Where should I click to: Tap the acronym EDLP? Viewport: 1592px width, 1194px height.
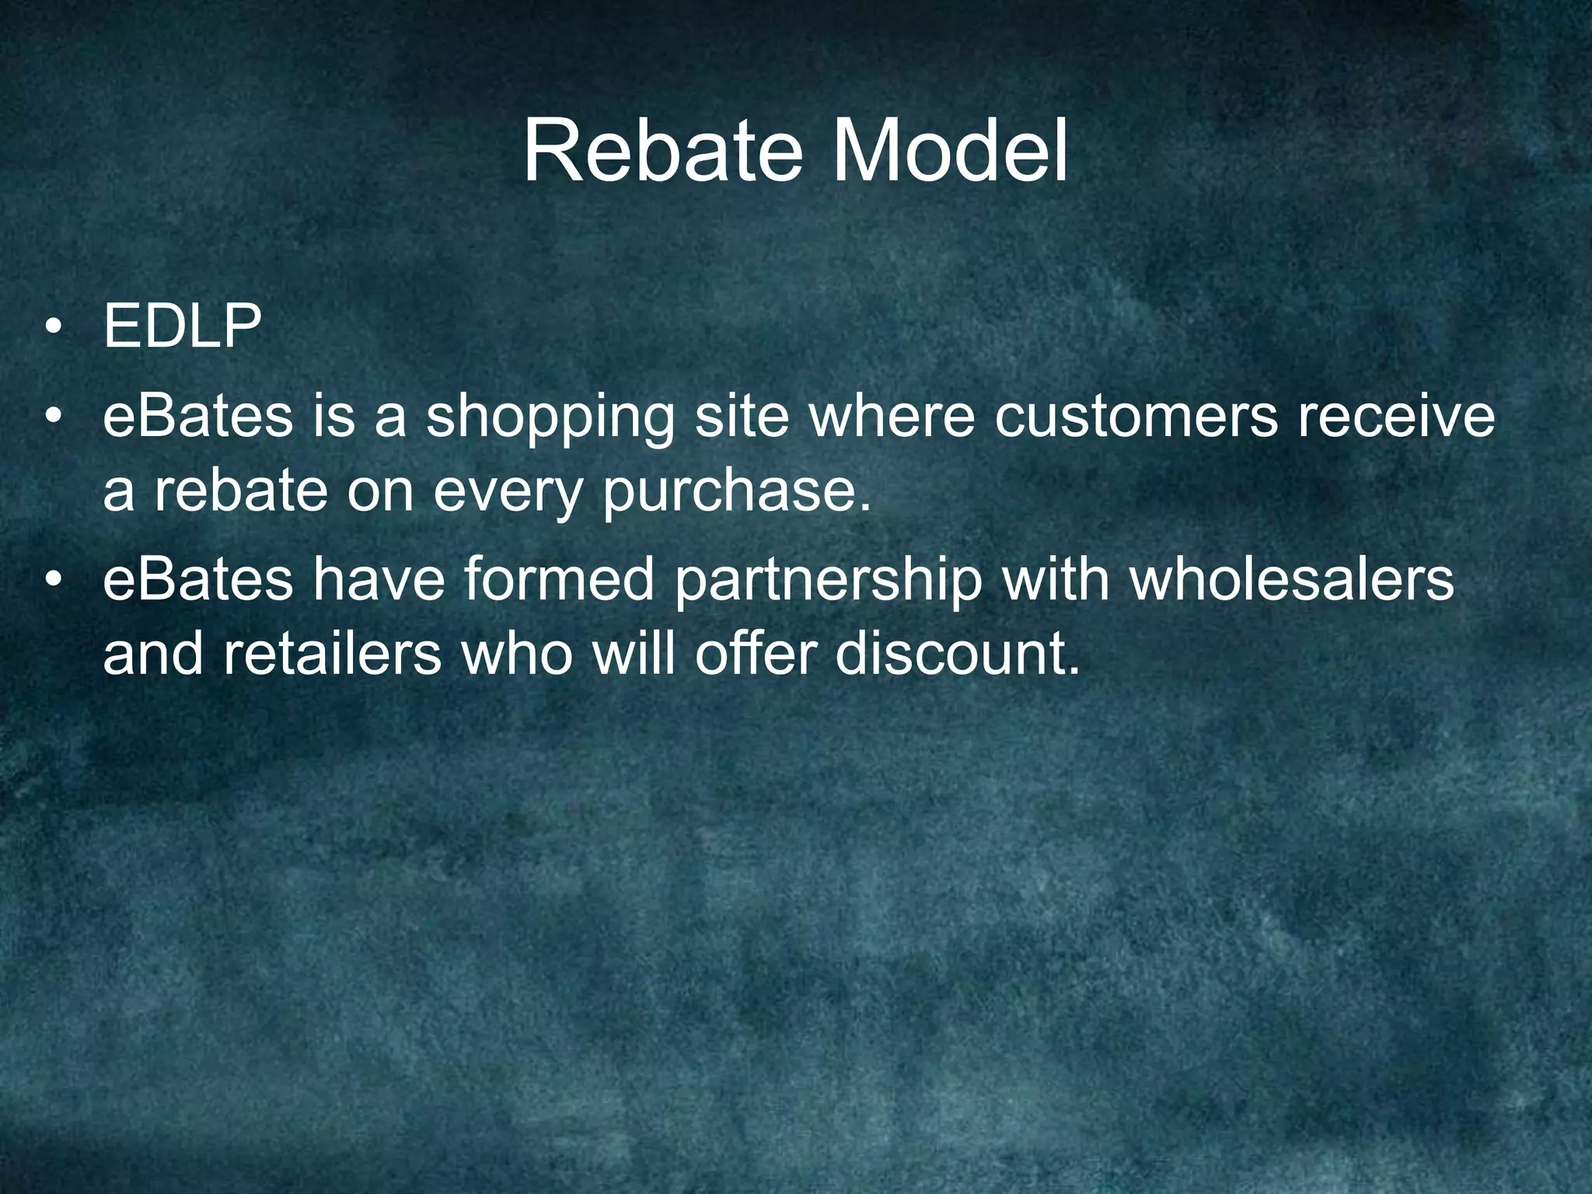[x=182, y=327]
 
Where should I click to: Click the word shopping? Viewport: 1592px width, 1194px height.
[x=550, y=418]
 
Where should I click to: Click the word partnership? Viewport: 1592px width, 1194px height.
[x=828, y=581]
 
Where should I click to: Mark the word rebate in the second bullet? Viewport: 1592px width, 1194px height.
[x=240, y=491]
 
